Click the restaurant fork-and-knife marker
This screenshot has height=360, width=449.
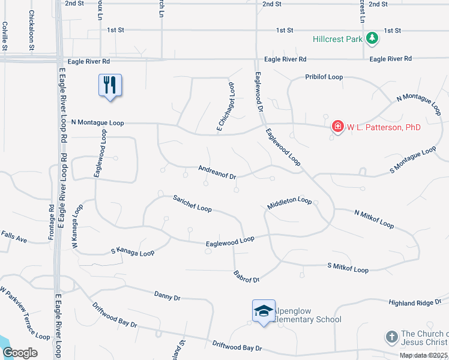coord(110,85)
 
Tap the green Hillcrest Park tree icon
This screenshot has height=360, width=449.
coord(373,38)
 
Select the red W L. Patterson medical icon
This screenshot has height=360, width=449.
coord(338,127)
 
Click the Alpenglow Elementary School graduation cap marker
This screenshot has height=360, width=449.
coord(264,311)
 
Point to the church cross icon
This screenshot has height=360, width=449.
coord(391,337)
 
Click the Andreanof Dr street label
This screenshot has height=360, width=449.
coord(218,173)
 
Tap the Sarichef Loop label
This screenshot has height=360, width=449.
coord(192,203)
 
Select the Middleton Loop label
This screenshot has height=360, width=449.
coord(289,203)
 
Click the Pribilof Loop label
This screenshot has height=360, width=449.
coord(324,77)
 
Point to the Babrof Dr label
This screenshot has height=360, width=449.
coord(246,276)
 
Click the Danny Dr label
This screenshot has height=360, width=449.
coord(167,295)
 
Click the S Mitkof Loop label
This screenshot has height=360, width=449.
coord(348,268)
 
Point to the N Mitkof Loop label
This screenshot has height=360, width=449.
coord(374,219)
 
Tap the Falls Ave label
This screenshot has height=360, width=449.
coord(13,237)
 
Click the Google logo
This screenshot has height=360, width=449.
coord(20,353)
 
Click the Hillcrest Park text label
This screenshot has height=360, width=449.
coord(338,39)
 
